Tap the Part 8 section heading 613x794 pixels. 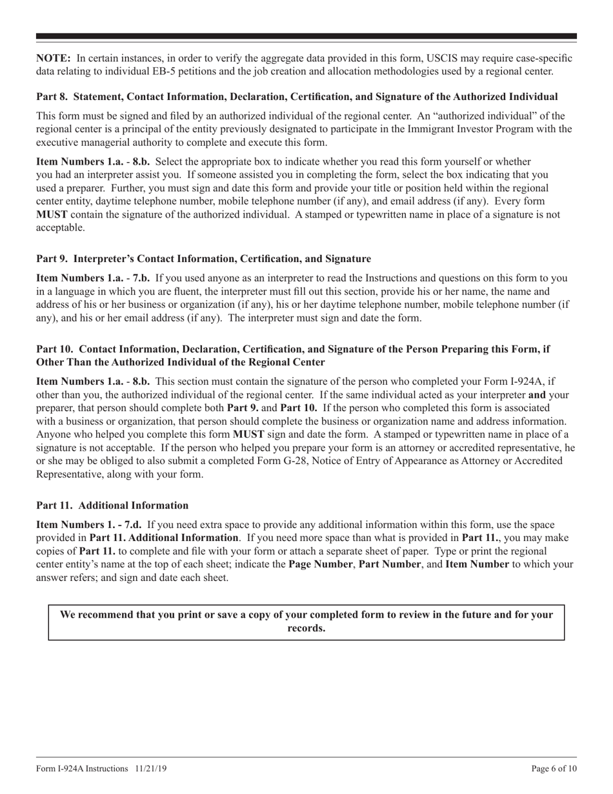tap(297, 97)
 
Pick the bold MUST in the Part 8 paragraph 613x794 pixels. tap(52, 214)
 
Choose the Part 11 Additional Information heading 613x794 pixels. tap(112, 505)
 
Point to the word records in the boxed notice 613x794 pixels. tap(305, 628)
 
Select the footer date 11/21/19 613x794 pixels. tap(152, 769)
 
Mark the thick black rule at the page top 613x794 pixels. tap(306, 36)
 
